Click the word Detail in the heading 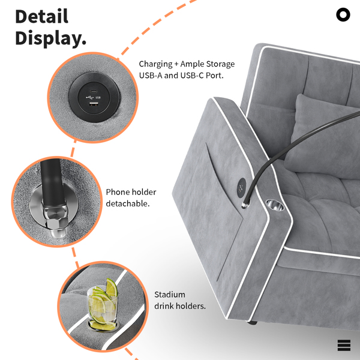pos(42,16)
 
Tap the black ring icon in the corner pos(343,14)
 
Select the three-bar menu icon pos(344,346)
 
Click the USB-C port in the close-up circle pos(94,91)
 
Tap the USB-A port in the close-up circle pos(94,104)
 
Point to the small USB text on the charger pos(98,97)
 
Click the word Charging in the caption pos(155,64)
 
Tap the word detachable pos(128,203)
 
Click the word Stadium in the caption pos(170,295)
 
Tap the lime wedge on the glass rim pos(112,287)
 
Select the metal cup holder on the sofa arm pos(275,205)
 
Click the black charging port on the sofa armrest pos(241,188)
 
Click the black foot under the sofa pos(252,323)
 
